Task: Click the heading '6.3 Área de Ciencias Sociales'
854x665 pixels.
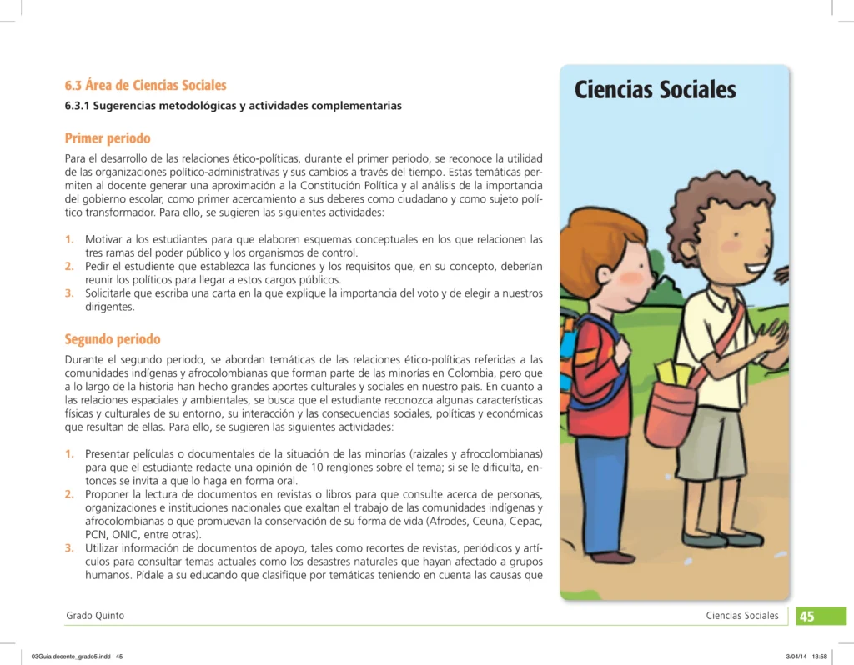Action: [145, 85]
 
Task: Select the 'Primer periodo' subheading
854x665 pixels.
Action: [108, 137]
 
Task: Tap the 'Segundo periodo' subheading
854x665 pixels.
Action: [113, 339]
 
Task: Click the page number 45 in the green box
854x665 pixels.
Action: [807, 617]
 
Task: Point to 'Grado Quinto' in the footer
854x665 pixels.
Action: [95, 616]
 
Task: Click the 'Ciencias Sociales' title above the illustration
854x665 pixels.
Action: [655, 90]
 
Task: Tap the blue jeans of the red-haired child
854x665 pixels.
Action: [600, 492]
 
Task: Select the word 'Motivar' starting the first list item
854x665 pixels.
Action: [103, 239]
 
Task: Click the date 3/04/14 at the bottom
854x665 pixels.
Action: [796, 657]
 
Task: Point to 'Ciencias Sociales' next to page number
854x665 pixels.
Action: [741, 616]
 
